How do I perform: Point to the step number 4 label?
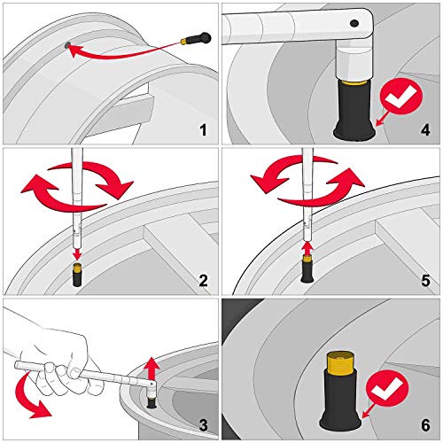point(425,131)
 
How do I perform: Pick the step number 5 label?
point(425,282)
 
